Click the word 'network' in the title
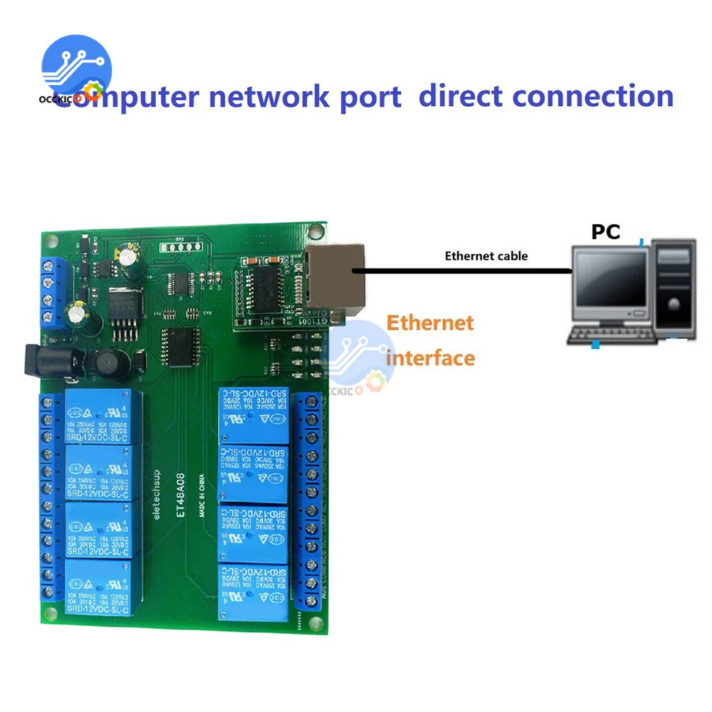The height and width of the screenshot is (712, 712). (x=263, y=95)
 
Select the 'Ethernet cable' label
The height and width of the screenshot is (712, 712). (x=486, y=256)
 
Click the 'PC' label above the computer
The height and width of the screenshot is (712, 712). (x=605, y=231)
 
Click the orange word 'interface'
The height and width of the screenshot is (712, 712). (x=430, y=357)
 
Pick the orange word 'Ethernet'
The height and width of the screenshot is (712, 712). (x=430, y=323)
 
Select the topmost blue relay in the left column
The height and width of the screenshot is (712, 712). (x=98, y=417)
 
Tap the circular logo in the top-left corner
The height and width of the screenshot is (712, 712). (x=76, y=69)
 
